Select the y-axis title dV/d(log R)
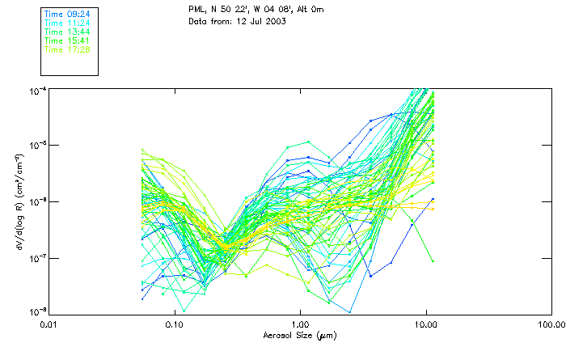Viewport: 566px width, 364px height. click(16, 201)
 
